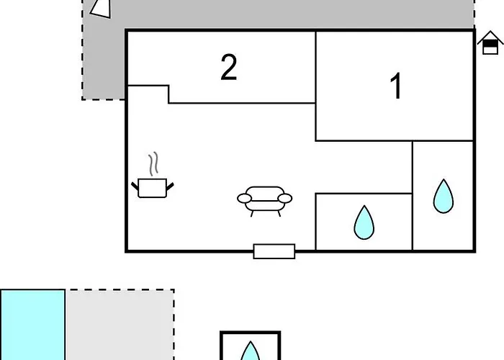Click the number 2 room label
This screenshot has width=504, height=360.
click(229, 67)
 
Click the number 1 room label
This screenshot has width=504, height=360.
click(396, 86)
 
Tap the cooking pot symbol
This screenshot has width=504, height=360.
click(153, 188)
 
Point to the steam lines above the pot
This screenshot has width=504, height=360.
click(153, 163)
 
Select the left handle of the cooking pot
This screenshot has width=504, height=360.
click(135, 186)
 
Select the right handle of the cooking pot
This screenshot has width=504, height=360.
click(170, 186)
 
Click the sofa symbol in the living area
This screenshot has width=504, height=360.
click(264, 201)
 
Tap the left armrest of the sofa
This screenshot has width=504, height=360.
click(245, 199)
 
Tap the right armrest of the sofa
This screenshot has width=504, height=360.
click(285, 199)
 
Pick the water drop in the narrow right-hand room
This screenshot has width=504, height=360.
click(444, 197)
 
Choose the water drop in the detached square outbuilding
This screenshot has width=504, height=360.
click(250, 352)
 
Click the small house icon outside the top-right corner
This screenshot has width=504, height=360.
click(490, 42)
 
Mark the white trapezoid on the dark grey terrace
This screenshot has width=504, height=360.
click(101, 9)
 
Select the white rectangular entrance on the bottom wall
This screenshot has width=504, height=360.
click(274, 251)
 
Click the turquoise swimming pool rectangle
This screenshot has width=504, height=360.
click(32, 325)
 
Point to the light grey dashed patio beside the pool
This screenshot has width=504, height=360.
click(120, 325)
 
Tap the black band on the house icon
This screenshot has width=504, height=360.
click(490, 43)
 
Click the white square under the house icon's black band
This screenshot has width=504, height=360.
click(490, 50)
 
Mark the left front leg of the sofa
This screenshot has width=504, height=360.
click(252, 213)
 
